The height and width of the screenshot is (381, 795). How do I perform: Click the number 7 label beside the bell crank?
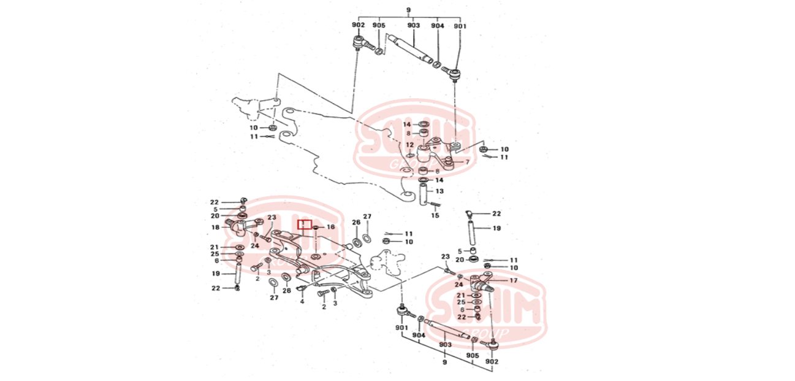tap(467, 162)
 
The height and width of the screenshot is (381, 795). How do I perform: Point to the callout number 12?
tap(409, 145)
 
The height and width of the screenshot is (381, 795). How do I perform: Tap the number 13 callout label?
tap(439, 191)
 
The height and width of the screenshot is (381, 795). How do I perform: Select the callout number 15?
tap(436, 215)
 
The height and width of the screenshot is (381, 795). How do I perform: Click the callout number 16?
tap(330, 227)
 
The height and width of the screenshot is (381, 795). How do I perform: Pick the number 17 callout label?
tap(513, 281)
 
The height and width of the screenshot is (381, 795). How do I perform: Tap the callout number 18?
tap(215, 228)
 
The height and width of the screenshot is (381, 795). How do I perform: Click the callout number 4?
tap(302, 302)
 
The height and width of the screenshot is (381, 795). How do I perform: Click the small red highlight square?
tap(305, 224)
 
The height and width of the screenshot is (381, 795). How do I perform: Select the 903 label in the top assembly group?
tap(414, 25)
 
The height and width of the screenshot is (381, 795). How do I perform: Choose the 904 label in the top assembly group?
tap(437, 25)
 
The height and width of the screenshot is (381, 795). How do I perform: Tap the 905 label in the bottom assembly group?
tap(472, 356)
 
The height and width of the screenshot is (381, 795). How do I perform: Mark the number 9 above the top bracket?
tap(408, 10)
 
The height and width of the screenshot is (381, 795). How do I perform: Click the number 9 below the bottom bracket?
tap(444, 363)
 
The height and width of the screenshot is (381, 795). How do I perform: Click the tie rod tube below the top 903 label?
tap(409, 49)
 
